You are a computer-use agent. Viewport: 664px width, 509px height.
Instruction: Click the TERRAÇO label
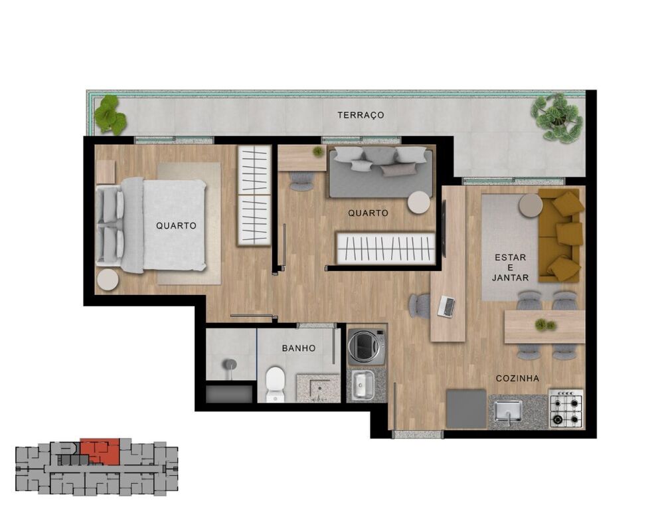(361, 115)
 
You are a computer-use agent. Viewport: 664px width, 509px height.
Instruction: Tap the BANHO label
(298, 348)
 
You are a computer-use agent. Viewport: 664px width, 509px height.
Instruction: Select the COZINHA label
(517, 378)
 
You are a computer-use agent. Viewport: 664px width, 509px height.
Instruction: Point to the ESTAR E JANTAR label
(510, 267)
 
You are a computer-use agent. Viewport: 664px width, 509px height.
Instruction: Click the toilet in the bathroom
(275, 384)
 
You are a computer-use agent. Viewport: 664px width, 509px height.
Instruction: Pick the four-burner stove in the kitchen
(566, 409)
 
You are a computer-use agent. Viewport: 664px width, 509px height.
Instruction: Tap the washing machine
(367, 346)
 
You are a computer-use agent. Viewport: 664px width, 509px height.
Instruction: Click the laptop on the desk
(447, 306)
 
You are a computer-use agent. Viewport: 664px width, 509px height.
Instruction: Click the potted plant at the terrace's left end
(110, 114)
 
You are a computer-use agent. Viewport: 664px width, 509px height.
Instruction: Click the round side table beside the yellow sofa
(531, 205)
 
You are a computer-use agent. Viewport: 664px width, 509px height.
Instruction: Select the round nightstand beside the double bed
(108, 280)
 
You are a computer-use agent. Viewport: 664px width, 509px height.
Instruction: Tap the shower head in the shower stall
(229, 364)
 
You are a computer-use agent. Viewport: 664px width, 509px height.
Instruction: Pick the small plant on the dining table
(545, 325)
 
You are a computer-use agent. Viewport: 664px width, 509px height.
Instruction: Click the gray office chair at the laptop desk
(420, 306)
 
